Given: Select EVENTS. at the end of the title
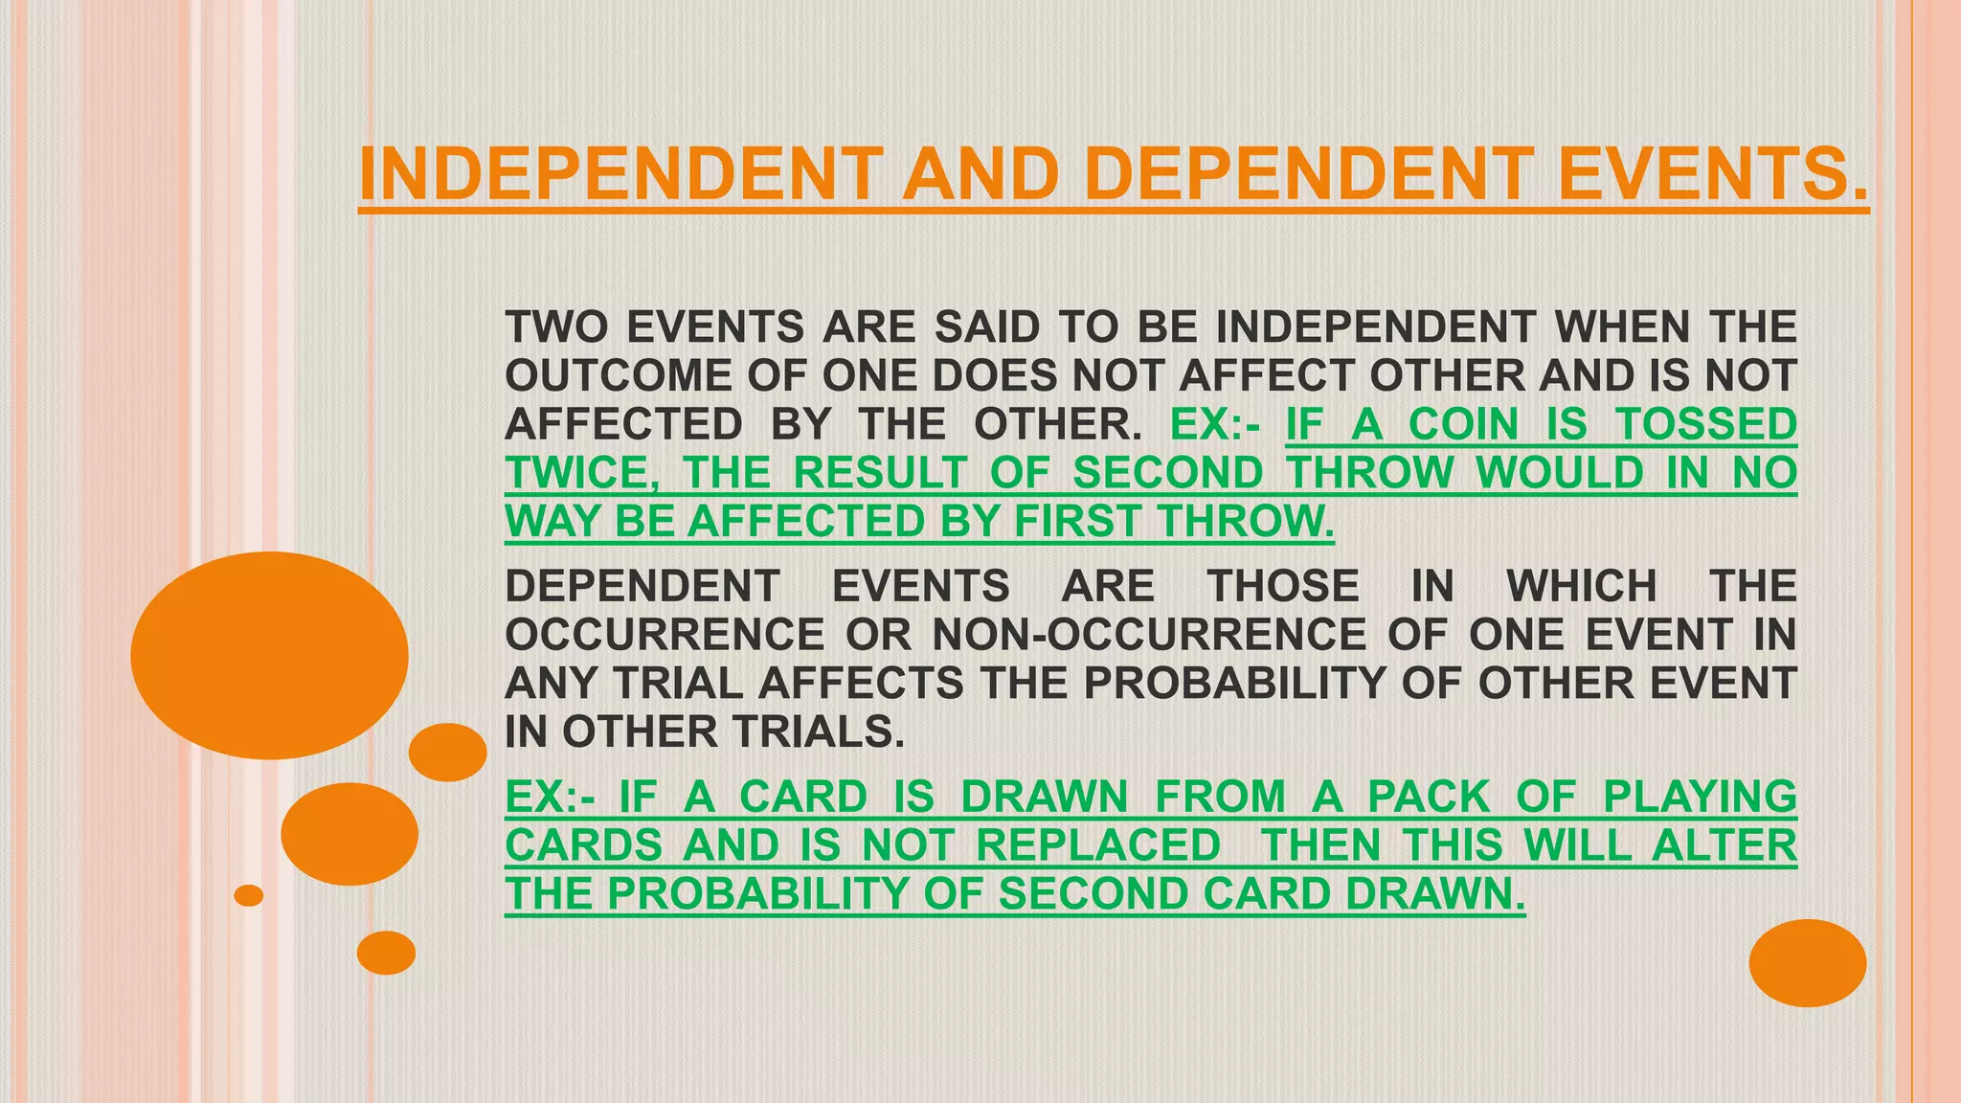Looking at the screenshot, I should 1712,174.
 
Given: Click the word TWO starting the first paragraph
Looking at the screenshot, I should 555,327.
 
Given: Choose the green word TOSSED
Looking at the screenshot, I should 1706,424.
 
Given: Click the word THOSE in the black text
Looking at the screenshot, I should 1283,586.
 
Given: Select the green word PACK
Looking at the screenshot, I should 1429,797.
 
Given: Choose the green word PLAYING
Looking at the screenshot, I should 1700,797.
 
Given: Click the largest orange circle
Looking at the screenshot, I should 270,656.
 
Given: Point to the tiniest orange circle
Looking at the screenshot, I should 249,895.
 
